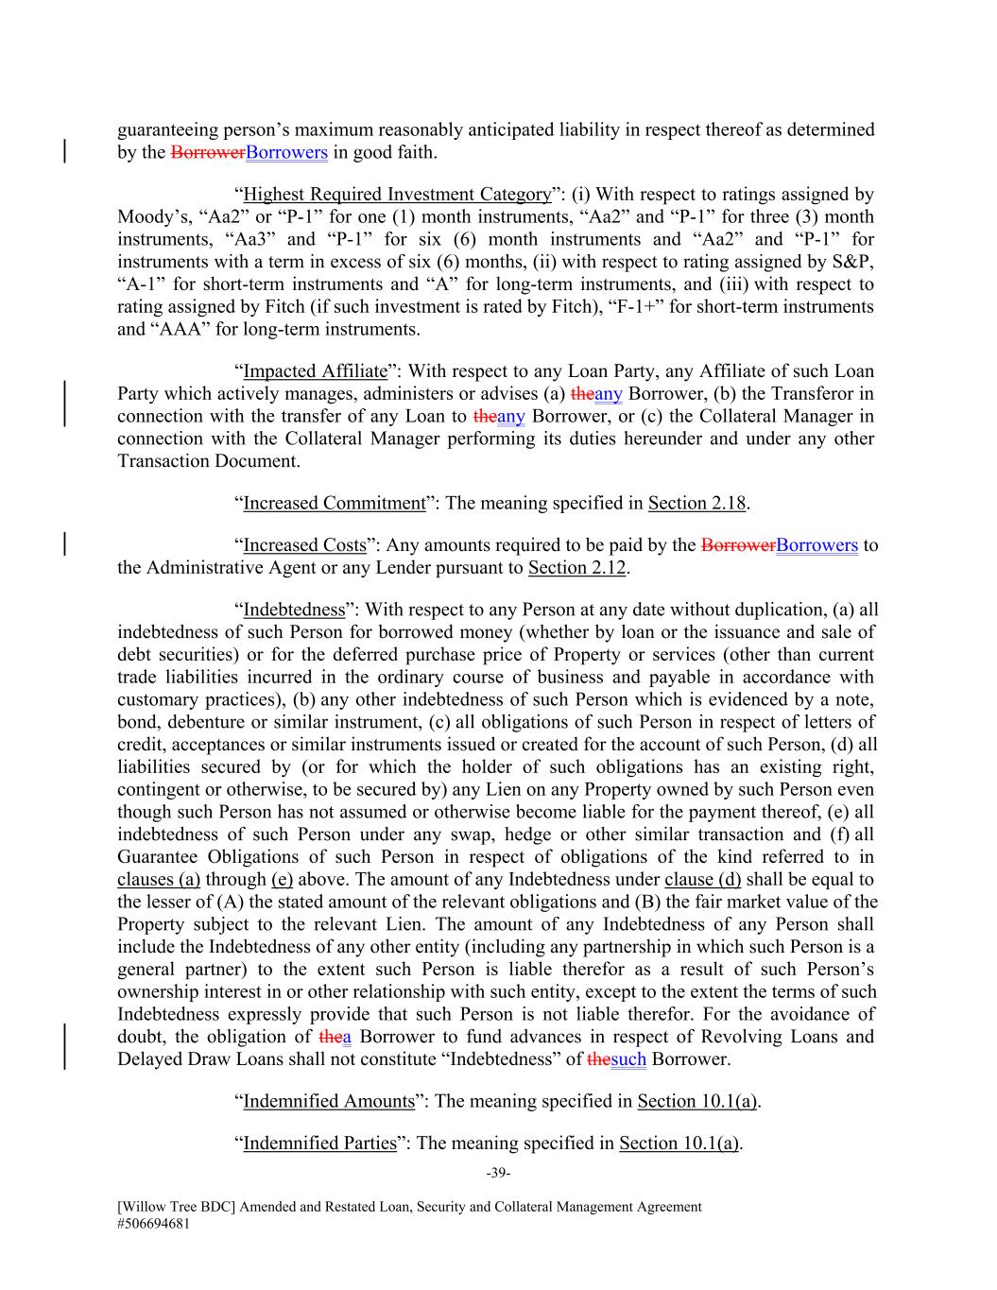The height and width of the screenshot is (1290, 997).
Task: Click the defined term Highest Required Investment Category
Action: pos(397,195)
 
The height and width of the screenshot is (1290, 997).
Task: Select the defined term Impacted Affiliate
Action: pos(316,371)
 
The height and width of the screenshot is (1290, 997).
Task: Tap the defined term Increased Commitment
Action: pos(335,503)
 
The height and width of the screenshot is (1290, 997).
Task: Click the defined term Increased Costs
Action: pos(304,545)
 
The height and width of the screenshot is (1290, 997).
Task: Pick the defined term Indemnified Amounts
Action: pos(329,1101)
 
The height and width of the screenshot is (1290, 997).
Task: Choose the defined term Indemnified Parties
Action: pos(319,1144)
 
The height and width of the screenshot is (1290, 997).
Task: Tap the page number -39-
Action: pos(498,1174)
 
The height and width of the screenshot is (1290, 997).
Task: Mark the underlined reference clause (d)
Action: pos(702,880)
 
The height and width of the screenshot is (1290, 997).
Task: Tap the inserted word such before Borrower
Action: pos(628,1059)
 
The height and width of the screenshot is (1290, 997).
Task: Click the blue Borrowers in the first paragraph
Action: pos(286,153)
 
